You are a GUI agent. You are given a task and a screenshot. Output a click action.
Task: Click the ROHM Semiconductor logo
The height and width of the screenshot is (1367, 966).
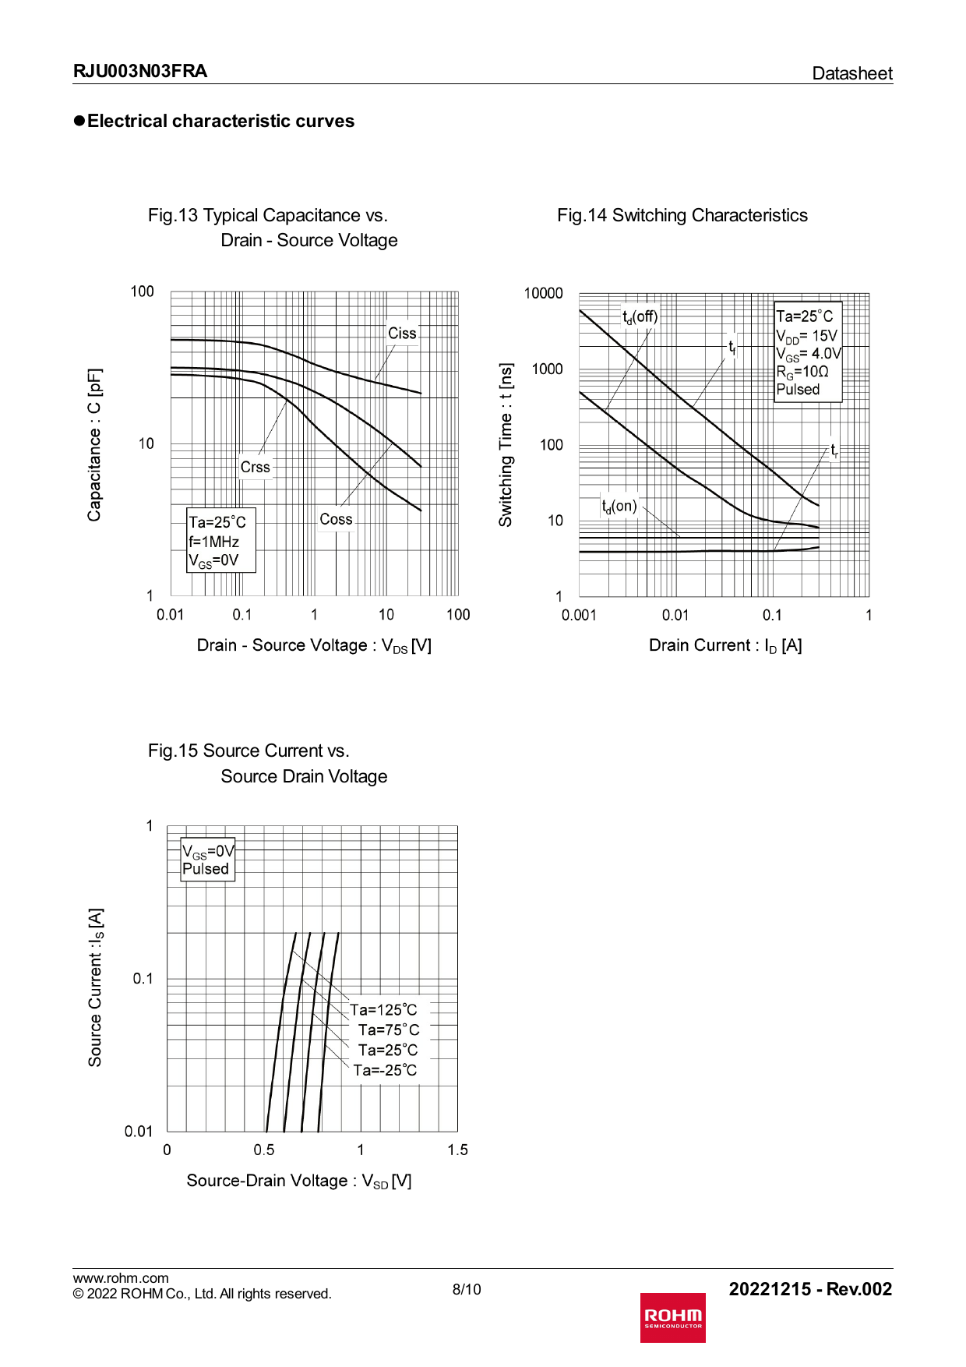point(672,1317)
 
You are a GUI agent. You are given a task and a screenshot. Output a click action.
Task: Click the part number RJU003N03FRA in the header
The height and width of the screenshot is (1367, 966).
point(140,72)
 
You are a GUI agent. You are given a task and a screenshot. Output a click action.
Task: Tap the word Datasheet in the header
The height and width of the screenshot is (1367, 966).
point(851,73)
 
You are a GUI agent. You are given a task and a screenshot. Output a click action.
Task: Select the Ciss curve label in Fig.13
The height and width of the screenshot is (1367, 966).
point(402,334)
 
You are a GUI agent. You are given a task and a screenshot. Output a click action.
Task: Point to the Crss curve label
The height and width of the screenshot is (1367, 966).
point(255,467)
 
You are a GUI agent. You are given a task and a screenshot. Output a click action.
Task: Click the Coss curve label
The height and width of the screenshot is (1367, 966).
point(336,519)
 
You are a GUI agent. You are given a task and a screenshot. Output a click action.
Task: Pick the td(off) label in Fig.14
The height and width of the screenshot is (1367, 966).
point(640,316)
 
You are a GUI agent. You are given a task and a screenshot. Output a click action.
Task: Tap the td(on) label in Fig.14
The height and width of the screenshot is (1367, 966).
point(619,507)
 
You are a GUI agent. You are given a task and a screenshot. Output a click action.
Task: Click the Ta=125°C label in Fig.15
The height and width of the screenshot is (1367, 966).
point(383,1010)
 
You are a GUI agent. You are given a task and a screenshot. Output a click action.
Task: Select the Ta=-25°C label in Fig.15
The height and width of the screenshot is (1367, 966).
point(385,1070)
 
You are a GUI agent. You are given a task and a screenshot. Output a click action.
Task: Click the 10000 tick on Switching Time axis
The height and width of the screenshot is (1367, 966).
point(543,293)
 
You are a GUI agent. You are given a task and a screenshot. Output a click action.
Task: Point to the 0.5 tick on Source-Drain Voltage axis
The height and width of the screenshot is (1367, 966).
point(264,1150)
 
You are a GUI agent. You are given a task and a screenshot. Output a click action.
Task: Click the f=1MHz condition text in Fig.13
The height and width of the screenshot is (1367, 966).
point(213,542)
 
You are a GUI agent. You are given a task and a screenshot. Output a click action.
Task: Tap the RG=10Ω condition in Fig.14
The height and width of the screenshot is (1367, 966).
point(802,372)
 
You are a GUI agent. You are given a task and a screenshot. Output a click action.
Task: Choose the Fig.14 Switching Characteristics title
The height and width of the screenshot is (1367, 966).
point(682,215)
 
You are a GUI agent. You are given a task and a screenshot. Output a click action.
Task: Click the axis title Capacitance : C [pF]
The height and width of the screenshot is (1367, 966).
point(94,444)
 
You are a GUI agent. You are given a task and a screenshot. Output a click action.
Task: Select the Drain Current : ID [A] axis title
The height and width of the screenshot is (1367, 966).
point(725,645)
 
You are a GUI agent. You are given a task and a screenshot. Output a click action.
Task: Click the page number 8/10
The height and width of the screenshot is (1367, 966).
point(467,1289)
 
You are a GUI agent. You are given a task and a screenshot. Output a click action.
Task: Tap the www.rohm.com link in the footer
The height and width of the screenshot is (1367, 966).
point(121,1278)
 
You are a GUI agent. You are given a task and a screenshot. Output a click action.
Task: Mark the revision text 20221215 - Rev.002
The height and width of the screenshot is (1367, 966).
point(810,1289)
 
